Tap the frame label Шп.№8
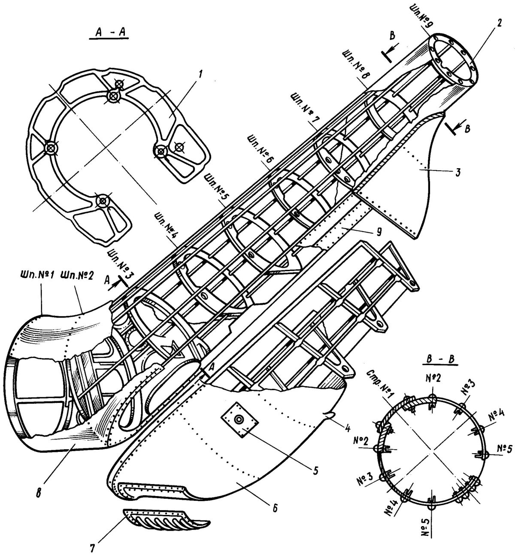tap(355, 66)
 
